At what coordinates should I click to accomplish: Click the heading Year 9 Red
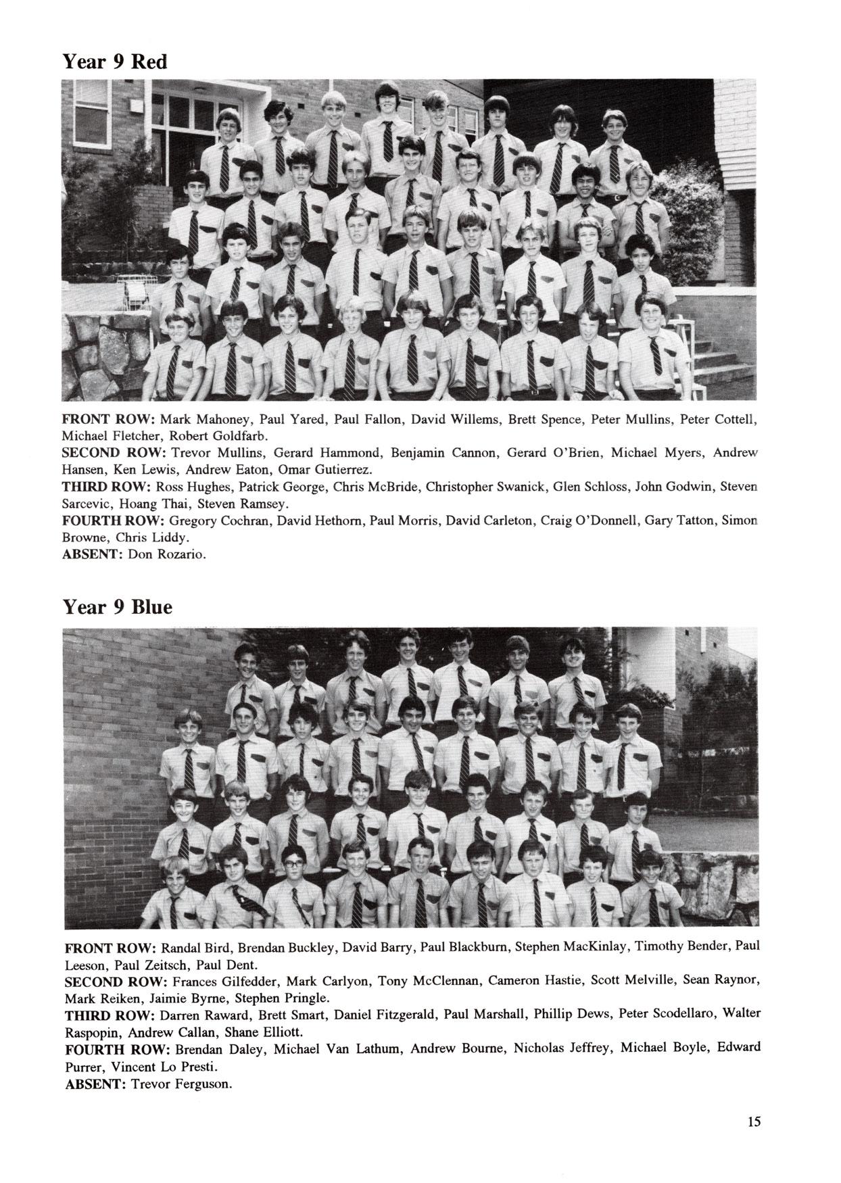pyautogui.click(x=114, y=62)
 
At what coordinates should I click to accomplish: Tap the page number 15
pyautogui.click(x=754, y=1121)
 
